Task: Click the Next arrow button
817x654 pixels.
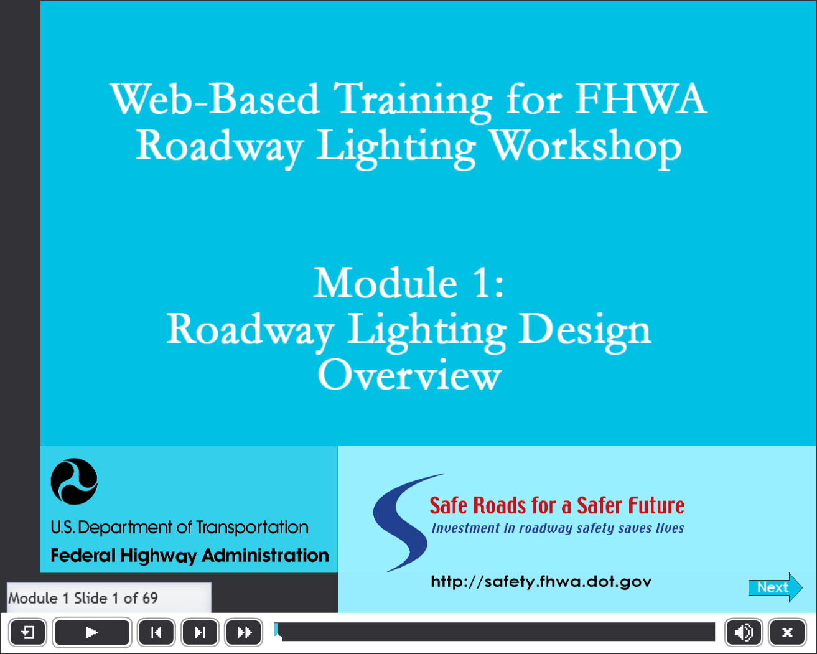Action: coord(775,587)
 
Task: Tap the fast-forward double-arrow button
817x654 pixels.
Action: coord(243,632)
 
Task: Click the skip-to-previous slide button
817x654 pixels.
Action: coord(156,632)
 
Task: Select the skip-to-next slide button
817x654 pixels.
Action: coord(200,632)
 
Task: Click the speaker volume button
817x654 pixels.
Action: coord(744,632)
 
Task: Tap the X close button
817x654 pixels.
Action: coord(787,632)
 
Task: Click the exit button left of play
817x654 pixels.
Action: coord(28,632)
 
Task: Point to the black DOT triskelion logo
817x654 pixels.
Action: coord(74,482)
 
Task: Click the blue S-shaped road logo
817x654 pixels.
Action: coord(403,522)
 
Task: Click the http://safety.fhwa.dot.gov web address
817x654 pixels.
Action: coord(541,581)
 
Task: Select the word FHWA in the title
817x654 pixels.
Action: coord(641,99)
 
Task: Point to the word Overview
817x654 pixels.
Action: coord(409,375)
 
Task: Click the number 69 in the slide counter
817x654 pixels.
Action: coord(151,598)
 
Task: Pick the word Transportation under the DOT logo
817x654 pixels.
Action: coord(252,527)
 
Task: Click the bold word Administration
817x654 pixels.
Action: coord(265,555)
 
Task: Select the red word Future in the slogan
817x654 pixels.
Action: coord(656,505)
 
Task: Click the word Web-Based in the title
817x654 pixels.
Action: coord(215,99)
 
